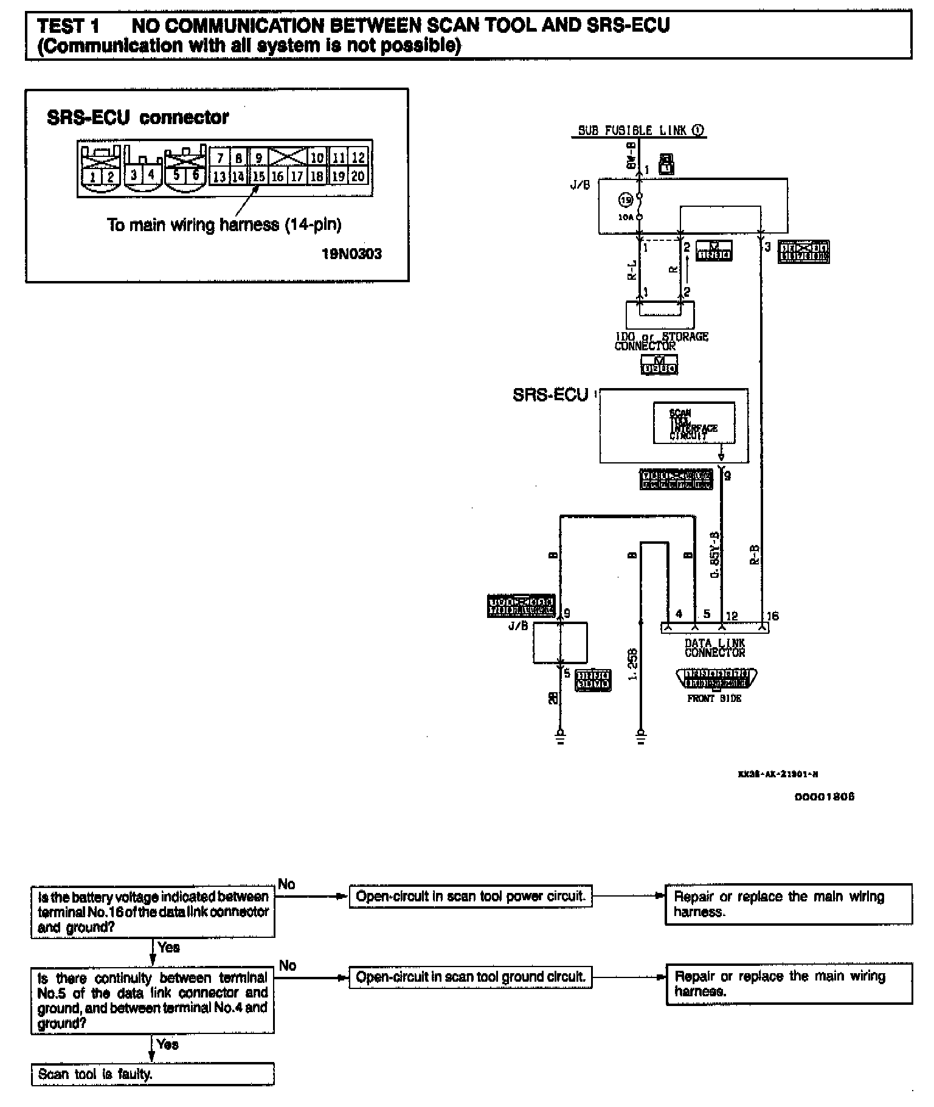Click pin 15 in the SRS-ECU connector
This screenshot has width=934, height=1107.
click(259, 176)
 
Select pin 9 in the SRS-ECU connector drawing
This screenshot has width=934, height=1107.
click(259, 158)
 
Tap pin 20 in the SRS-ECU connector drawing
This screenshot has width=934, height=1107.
click(358, 176)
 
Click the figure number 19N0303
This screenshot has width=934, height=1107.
click(352, 254)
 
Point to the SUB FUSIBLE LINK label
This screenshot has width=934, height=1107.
click(632, 130)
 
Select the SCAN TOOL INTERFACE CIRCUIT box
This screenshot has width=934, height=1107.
click(694, 423)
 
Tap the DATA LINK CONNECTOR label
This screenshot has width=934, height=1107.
click(714, 648)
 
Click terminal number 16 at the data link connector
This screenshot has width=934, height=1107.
click(772, 616)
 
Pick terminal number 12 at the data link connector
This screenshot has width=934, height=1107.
click(732, 616)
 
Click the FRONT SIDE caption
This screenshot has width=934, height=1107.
click(714, 699)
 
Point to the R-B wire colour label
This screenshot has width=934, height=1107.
click(754, 555)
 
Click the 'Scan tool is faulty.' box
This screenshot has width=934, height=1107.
click(153, 1074)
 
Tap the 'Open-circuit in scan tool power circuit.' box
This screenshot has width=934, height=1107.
click(471, 897)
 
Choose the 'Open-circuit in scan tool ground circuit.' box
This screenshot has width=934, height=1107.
click(471, 977)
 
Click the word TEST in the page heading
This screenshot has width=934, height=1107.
click(60, 26)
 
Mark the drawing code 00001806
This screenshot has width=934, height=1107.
click(824, 797)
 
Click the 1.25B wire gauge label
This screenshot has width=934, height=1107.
click(632, 664)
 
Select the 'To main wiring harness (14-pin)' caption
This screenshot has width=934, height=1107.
click(224, 225)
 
